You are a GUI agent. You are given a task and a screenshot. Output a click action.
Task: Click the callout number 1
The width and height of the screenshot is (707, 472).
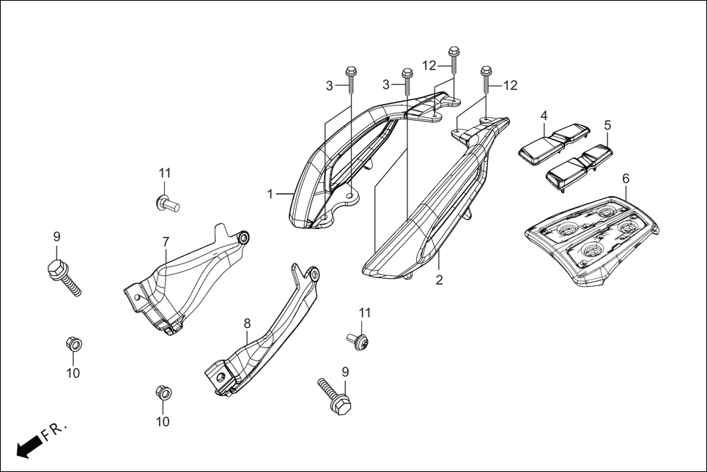coord(270,195)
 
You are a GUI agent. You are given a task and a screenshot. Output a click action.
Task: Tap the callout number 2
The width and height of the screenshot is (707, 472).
coord(439,280)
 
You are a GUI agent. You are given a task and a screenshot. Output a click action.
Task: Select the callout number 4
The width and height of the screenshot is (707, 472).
coord(544,116)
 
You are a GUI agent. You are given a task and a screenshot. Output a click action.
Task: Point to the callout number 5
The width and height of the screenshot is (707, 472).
coord(607,125)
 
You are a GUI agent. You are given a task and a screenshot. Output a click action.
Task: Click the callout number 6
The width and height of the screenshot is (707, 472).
coord(625,178)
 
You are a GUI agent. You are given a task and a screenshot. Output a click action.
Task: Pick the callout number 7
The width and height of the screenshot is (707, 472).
coord(166,241)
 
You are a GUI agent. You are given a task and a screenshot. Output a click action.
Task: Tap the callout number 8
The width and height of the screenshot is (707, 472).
coord(247,322)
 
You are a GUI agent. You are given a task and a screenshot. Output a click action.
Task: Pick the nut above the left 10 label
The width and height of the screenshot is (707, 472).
coord(73,342)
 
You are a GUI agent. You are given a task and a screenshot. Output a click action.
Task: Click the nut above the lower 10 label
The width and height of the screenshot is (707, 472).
coord(163,392)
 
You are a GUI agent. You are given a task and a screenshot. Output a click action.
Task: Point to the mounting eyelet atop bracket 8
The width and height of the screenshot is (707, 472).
coord(314,274)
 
